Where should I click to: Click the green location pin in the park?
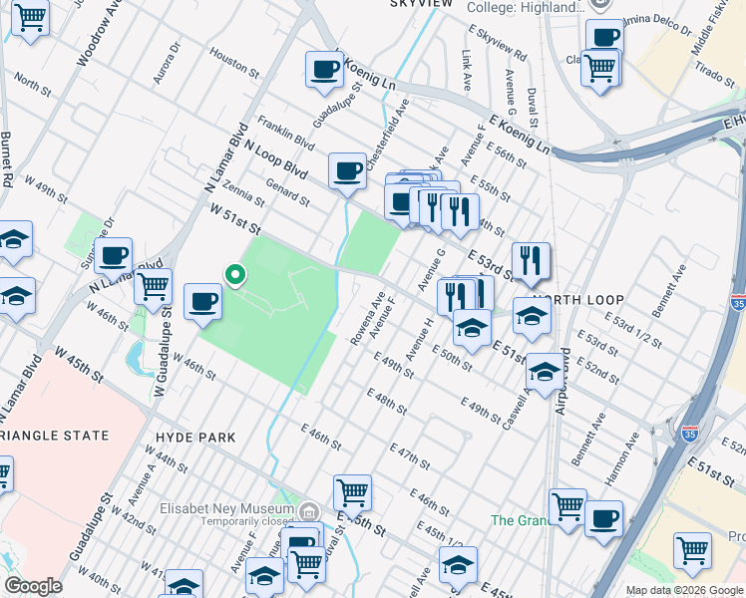click(x=235, y=274)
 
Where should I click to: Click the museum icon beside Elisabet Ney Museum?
click(x=310, y=511)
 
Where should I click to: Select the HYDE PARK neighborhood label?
click(x=195, y=438)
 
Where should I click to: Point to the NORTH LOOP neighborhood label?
click(x=577, y=300)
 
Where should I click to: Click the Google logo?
click(x=33, y=585)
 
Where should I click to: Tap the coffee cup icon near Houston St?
click(x=324, y=69)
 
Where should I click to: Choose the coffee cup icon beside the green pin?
click(x=202, y=301)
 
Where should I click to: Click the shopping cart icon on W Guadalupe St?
click(x=153, y=287)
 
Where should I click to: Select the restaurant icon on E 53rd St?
click(x=531, y=261)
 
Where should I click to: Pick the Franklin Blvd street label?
click(x=285, y=135)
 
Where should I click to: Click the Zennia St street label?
click(x=244, y=184)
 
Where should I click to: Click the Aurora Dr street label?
click(x=169, y=63)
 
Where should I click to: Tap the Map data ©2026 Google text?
click(x=683, y=590)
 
